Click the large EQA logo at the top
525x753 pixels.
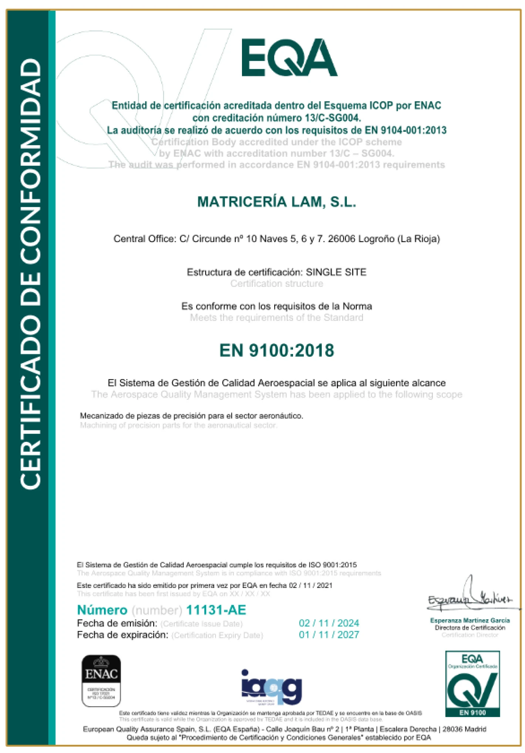pyautogui.click(x=289, y=58)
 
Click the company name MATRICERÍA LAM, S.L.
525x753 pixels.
pyautogui.click(x=276, y=202)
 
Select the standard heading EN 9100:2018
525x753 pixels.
pyautogui.click(x=276, y=350)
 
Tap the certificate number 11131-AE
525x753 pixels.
pyautogui.click(x=216, y=610)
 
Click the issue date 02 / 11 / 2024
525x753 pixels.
pyautogui.click(x=329, y=623)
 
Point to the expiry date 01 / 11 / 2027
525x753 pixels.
pyautogui.click(x=329, y=635)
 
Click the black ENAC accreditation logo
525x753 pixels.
pyautogui.click(x=101, y=681)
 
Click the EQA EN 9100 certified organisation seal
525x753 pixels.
pyautogui.click(x=472, y=683)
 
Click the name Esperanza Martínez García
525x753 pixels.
pyautogui.click(x=470, y=621)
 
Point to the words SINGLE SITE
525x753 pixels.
pyautogui.click(x=336, y=272)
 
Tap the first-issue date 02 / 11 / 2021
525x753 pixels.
pyautogui.click(x=310, y=585)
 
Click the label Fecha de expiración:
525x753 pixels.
pyautogui.click(x=122, y=635)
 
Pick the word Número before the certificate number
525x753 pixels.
pyautogui.click(x=102, y=610)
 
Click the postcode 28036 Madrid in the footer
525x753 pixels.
pyautogui.click(x=464, y=729)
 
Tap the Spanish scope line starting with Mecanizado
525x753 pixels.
pyautogui.click(x=191, y=416)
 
